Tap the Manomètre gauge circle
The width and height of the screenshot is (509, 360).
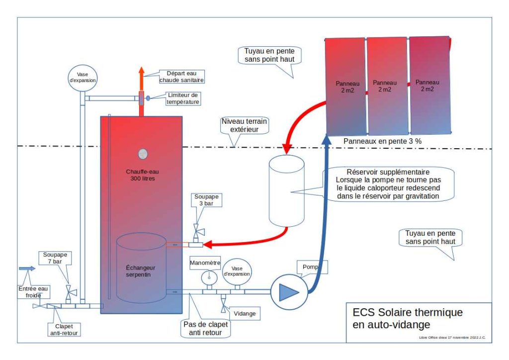pos(209,276)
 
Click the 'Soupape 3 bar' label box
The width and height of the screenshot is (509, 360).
pos(206,200)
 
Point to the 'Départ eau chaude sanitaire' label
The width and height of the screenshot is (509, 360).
pos(182,76)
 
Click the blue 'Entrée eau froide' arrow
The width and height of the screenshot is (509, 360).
pos(27,269)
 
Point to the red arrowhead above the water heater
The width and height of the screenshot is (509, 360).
pos(141,70)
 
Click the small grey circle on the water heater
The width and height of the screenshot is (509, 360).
pos(143,154)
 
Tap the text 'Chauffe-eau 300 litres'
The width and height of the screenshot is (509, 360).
pos(141,175)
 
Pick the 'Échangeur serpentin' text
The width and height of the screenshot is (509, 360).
pos(141,270)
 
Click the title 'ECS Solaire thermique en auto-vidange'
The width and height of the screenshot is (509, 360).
pos(407,318)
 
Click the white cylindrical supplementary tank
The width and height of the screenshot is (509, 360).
pos(286,190)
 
